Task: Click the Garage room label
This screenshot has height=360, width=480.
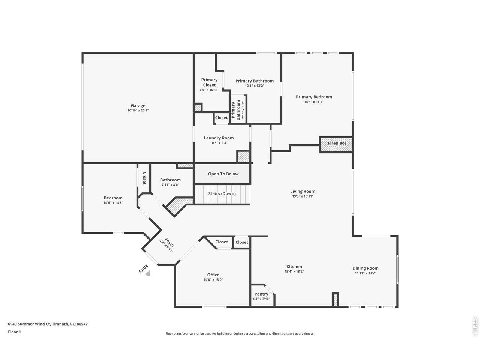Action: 138,105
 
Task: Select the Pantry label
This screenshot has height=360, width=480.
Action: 261,294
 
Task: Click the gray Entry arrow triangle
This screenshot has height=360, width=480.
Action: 148,274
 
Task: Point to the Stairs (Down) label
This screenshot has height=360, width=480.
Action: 222,193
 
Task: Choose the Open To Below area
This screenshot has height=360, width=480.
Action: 223,174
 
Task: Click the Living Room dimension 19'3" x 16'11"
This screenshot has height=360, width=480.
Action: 303,196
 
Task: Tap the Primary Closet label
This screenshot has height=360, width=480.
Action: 209,82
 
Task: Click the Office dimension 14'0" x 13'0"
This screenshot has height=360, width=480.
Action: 213,279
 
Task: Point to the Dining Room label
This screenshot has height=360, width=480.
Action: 365,268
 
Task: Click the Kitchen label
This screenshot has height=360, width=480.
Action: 294,267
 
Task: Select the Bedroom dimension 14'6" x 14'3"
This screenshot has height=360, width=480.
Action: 113,203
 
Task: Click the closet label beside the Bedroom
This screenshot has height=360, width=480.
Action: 144,178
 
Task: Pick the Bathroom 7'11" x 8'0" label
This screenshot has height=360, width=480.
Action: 170,180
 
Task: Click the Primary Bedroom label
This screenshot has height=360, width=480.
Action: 314,97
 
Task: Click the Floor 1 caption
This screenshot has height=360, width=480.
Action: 14,331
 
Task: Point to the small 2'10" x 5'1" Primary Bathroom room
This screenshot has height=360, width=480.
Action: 238,110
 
